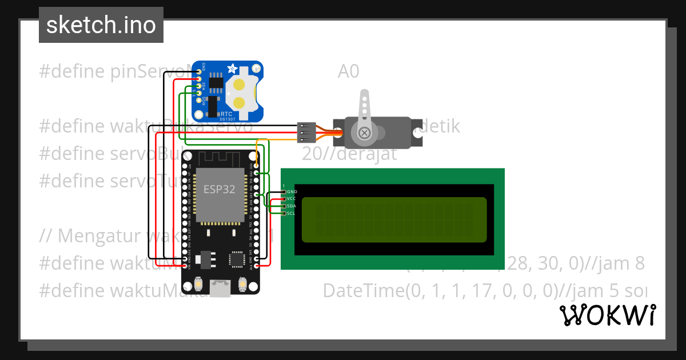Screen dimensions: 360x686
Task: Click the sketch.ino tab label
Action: pos(101,25)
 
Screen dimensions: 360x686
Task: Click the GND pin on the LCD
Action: pos(284,191)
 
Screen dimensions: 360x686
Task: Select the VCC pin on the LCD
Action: pos(284,199)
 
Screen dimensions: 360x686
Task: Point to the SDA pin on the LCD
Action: pos(284,206)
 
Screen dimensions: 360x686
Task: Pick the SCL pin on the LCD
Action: pos(284,213)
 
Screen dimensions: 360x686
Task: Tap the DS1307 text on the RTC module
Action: pos(228,119)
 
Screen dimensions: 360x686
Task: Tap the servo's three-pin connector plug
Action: pos(307,132)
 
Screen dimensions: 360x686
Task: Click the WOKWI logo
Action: pos(608,315)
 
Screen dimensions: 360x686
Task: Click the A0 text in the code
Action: pos(348,71)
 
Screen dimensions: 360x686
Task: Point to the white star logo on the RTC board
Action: pos(233,69)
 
